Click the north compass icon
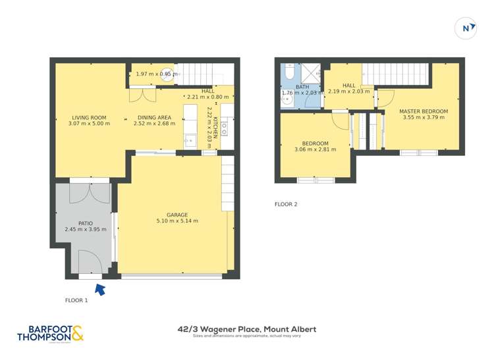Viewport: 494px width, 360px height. (466, 28)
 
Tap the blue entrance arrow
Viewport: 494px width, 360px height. (100, 288)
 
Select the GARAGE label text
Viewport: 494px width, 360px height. (177, 215)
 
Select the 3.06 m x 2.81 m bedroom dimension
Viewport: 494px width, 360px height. (315, 149)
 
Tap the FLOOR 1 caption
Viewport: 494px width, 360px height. (76, 300)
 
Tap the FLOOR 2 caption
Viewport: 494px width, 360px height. (286, 204)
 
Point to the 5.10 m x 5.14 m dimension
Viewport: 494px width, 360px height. (177, 221)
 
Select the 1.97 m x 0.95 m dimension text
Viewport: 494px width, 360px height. (157, 74)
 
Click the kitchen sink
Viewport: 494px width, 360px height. (190, 140)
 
